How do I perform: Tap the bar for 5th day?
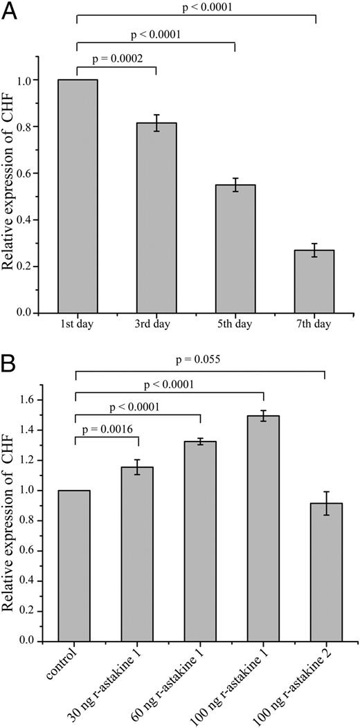[x=235, y=249]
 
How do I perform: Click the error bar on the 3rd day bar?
[x=156, y=123]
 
